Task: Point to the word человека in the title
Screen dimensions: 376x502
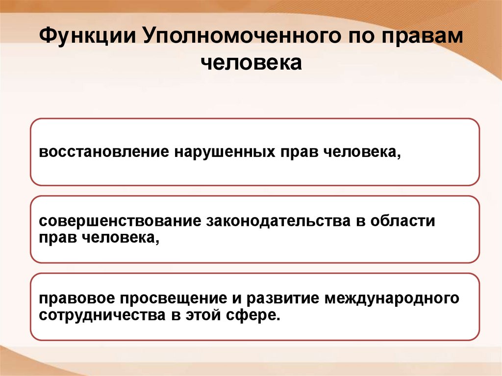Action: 251,63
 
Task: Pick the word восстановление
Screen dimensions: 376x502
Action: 104,152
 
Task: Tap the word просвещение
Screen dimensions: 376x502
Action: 178,299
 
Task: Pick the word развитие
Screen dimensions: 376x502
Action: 280,299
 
